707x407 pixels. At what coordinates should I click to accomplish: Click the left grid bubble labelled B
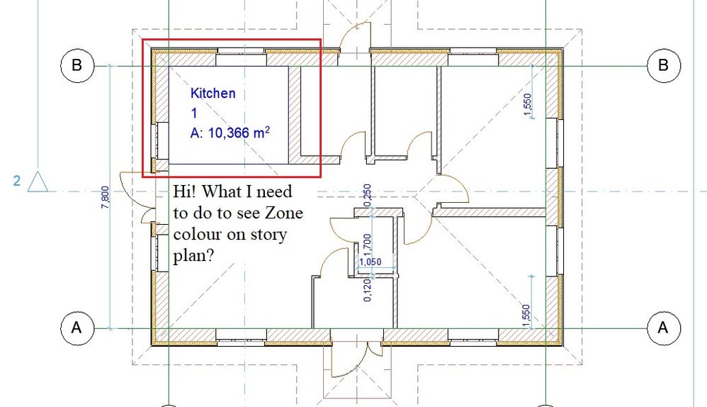(77, 65)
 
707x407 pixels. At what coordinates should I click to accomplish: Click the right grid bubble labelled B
(664, 65)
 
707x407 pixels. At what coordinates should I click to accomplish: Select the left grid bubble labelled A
(77, 328)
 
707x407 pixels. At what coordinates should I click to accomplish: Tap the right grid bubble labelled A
(664, 328)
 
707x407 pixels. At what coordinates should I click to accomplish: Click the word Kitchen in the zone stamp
(213, 94)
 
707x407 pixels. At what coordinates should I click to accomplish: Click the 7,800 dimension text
(105, 197)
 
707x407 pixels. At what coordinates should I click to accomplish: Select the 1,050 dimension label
(371, 262)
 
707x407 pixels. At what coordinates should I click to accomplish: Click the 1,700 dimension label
(367, 245)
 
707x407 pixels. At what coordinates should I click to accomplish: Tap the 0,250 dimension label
(367, 195)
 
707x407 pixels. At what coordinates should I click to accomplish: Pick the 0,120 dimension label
(368, 290)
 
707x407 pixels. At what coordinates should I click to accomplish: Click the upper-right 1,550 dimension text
(527, 104)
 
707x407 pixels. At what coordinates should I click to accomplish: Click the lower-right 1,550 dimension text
(526, 316)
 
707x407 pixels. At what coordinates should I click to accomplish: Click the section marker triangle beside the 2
(38, 182)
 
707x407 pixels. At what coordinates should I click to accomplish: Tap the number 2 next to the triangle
(17, 181)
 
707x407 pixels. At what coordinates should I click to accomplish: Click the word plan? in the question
(193, 256)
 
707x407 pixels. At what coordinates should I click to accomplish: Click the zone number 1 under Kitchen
(194, 113)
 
